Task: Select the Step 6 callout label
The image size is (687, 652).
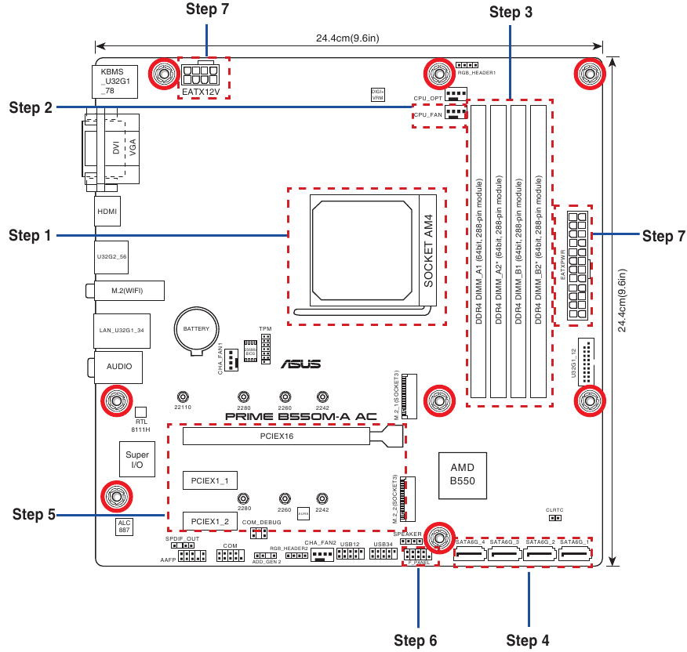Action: click(415, 640)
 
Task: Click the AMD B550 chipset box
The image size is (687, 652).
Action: click(462, 473)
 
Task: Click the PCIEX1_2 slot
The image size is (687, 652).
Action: click(210, 521)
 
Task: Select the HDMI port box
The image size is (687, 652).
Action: click(107, 212)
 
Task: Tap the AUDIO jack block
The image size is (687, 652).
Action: click(118, 366)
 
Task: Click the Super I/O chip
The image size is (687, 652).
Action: click(137, 459)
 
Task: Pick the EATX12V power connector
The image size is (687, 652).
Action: click(202, 77)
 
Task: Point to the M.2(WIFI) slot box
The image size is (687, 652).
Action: click(129, 292)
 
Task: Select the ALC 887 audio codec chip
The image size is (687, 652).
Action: click(124, 527)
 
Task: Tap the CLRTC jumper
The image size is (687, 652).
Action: click(554, 517)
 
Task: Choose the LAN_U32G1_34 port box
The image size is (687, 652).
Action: click(121, 331)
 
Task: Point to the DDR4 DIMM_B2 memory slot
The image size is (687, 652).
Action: click(538, 251)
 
